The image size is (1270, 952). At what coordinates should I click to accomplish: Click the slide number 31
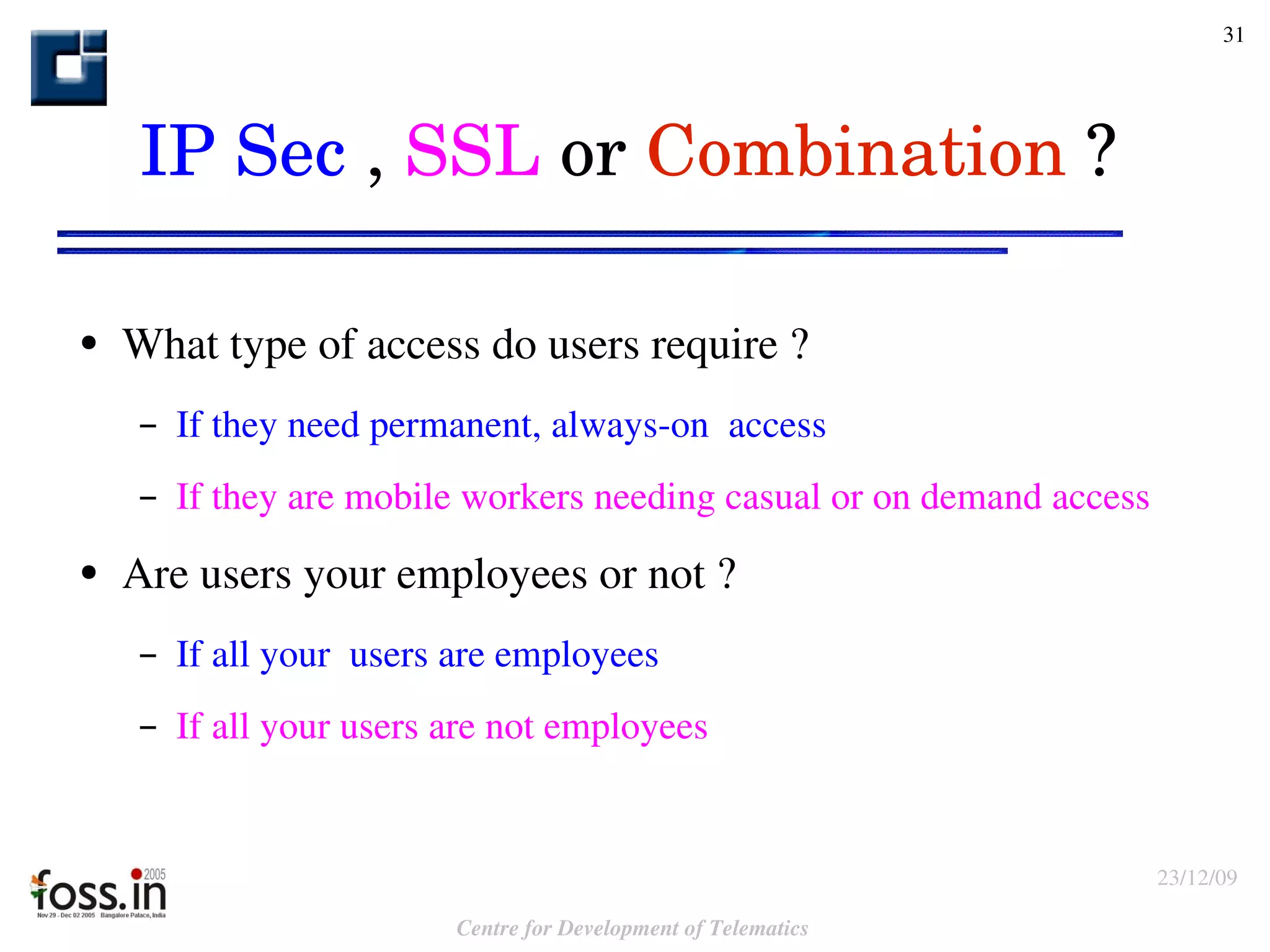point(1233,35)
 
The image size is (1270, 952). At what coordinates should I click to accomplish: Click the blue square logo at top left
point(69,68)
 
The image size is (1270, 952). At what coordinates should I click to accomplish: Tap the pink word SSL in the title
point(473,151)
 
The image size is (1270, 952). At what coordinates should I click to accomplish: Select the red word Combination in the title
point(856,151)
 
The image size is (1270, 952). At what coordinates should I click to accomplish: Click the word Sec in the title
point(290,153)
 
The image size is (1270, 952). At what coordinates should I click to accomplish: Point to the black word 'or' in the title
point(593,155)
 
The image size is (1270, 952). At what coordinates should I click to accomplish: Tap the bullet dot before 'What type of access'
point(89,344)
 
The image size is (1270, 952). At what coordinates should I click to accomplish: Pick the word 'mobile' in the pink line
point(397,497)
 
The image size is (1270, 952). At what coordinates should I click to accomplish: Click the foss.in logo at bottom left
point(99,894)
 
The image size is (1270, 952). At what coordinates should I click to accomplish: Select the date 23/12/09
point(1197,878)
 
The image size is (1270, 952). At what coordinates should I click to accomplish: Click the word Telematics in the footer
point(758,928)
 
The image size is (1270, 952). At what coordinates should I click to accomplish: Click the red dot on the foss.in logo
point(136,874)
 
